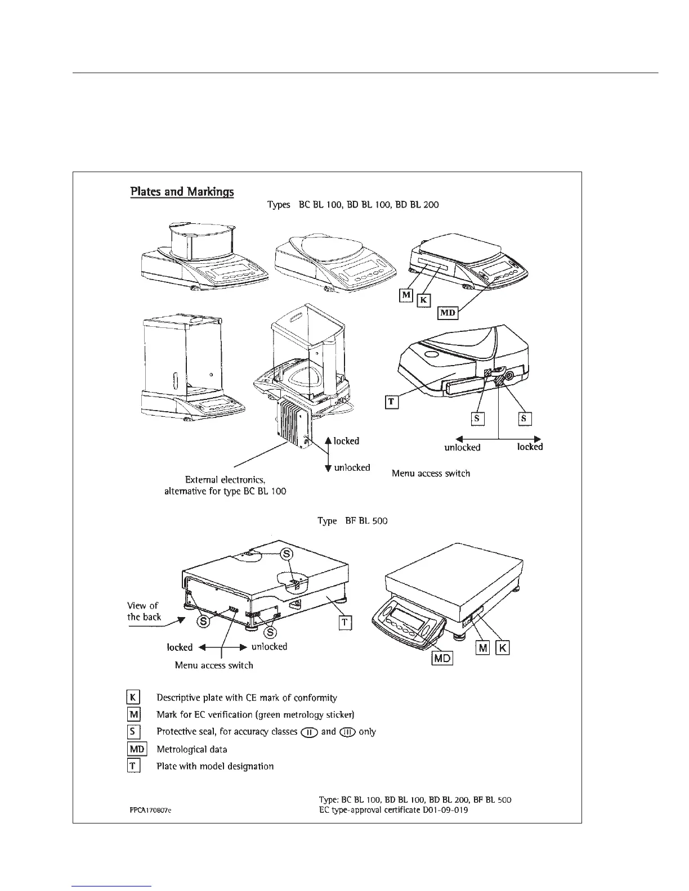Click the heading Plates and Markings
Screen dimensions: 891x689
(182, 191)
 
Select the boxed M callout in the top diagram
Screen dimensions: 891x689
(406, 295)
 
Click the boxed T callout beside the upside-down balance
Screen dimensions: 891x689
(392, 402)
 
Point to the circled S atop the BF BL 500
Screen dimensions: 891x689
(287, 553)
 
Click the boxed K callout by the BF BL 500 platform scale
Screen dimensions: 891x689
(502, 648)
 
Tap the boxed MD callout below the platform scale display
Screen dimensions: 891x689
(442, 658)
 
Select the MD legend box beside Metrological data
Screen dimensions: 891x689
(137, 749)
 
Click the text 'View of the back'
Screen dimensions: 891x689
(144, 611)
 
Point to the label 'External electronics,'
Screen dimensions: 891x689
(225, 480)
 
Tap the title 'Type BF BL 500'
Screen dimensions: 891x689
(352, 521)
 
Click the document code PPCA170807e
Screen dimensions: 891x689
(150, 811)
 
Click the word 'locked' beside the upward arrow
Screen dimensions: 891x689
(346, 441)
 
